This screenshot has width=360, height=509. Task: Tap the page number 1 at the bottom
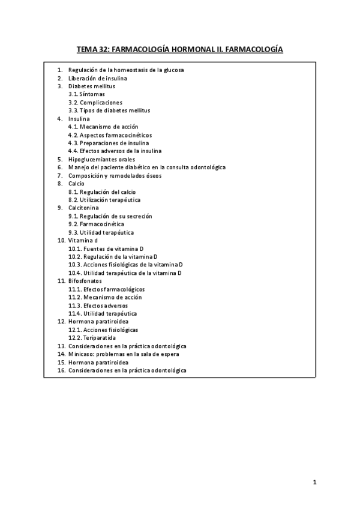[314, 482]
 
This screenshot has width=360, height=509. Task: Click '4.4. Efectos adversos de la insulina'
[115, 151]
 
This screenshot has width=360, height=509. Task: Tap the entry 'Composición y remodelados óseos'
[115, 176]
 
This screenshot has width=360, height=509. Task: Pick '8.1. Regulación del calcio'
[102, 192]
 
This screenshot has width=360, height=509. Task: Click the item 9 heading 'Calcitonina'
[84, 208]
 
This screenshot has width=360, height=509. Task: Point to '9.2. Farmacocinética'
[97, 224]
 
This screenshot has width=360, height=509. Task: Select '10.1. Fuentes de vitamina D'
[106, 248]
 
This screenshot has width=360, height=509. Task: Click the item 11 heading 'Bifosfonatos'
[85, 281]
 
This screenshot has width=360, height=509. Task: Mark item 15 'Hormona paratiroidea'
[98, 363]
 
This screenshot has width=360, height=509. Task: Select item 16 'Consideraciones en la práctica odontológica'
[127, 370]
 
